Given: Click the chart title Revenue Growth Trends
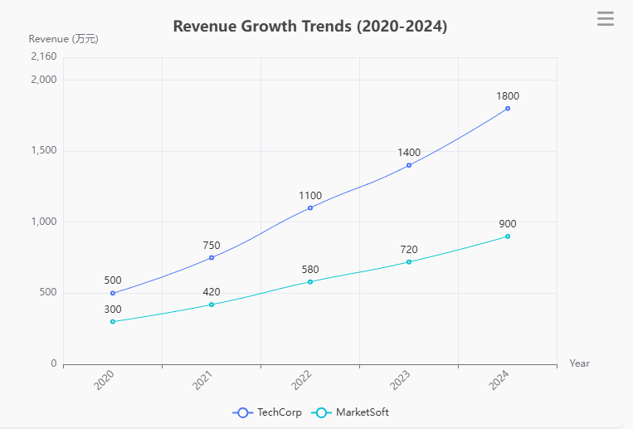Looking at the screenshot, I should (309, 27).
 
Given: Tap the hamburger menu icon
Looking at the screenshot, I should (606, 18).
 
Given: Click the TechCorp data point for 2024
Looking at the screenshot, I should (508, 109).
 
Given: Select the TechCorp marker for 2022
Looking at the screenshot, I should (310, 207).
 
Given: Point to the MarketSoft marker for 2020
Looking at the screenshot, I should (113, 321).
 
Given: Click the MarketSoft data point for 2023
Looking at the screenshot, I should (409, 262).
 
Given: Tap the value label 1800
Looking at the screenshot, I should (508, 96).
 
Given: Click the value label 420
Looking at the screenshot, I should (212, 292).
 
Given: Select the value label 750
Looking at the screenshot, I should (212, 246).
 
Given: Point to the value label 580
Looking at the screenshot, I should (310, 270).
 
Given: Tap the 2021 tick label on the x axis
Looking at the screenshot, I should (203, 382).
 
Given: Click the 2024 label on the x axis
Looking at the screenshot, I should (499, 382).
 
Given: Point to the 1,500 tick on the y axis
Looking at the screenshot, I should (43, 151).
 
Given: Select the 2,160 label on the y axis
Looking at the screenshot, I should (43, 57).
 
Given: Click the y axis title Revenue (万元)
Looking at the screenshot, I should (63, 39).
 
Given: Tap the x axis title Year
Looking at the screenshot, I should (580, 363).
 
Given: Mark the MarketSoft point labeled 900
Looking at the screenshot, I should (508, 236).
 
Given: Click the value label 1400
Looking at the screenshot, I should (409, 153).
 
